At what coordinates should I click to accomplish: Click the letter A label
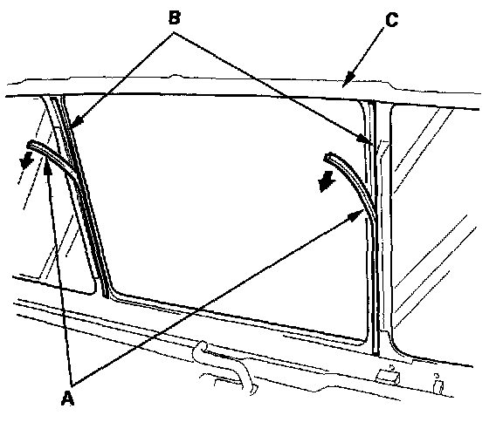(x=67, y=398)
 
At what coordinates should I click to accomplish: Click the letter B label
(x=174, y=17)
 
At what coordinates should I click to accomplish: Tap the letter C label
(x=392, y=20)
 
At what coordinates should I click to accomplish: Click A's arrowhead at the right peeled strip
(x=357, y=216)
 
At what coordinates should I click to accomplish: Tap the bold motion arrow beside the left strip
(x=26, y=160)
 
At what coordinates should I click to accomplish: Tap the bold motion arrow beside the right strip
(x=327, y=181)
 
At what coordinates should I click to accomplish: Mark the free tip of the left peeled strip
(x=30, y=145)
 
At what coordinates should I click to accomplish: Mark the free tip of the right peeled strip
(x=327, y=157)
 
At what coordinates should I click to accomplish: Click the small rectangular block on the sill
(x=388, y=377)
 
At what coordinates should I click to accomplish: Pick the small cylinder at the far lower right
(x=438, y=387)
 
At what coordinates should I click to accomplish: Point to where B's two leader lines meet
(x=174, y=32)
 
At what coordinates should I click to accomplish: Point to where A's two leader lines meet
(x=72, y=384)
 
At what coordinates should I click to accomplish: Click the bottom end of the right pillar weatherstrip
(x=376, y=354)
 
